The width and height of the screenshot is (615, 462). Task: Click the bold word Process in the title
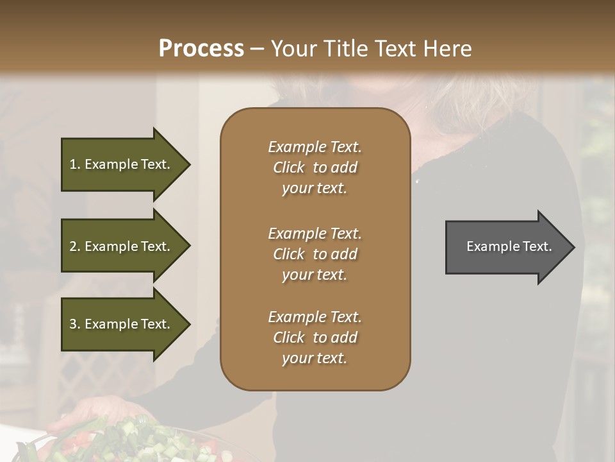pos(201,49)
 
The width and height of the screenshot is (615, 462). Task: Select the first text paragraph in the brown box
pos(315,167)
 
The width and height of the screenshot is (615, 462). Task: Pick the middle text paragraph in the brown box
pos(315,254)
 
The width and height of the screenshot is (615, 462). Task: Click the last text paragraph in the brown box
pos(315,338)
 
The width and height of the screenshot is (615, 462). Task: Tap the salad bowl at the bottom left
pos(128,443)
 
